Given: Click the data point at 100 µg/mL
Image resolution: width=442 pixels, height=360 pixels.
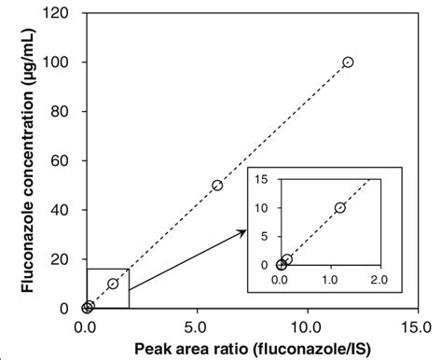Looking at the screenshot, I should click(348, 62).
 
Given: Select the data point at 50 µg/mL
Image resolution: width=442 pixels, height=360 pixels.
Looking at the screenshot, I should click(217, 185).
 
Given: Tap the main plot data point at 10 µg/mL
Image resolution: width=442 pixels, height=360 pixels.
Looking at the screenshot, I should click(113, 284).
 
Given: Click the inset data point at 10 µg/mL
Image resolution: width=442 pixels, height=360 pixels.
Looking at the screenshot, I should click(339, 208).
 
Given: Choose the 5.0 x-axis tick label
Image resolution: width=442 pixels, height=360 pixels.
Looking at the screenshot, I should click(197, 327).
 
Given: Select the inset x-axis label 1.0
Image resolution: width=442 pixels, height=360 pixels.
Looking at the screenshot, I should click(331, 279).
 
